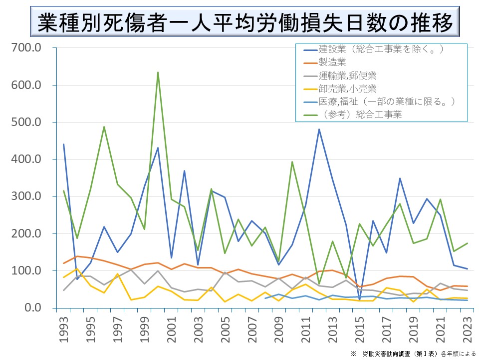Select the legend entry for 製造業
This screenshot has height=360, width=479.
[x=332, y=62]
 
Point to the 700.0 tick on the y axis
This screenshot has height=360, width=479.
[x=26, y=48]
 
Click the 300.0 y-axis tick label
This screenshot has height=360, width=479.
[x=26, y=196]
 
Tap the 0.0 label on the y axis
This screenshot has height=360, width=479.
[x=31, y=307]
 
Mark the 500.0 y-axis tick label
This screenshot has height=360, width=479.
[x=26, y=122]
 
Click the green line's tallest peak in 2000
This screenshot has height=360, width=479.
[x=158, y=72]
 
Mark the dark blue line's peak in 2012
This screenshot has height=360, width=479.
[x=319, y=129]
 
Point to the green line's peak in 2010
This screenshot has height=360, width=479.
[x=292, y=162]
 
